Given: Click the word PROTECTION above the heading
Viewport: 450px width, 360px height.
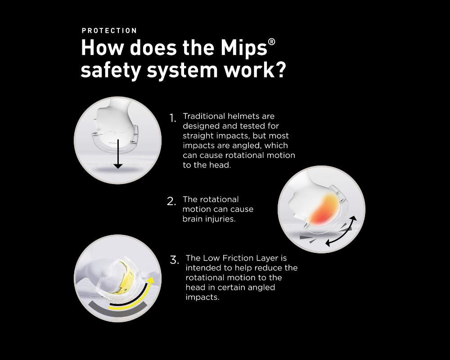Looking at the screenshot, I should coord(109,31).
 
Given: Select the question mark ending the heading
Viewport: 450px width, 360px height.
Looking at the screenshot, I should coord(279,71).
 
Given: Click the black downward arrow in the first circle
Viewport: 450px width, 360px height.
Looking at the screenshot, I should coord(118,153).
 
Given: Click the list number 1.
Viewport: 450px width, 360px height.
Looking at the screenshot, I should coord(172,118).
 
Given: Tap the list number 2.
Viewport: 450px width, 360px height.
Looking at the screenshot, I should coord(171,202).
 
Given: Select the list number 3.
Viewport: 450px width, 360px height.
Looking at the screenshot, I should coord(174,260).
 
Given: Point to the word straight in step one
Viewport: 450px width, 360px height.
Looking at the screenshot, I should coord(197,136).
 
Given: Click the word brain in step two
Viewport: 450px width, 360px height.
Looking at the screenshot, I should coord(192,219).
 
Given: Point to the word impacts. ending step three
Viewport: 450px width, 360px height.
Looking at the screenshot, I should coord(202,297).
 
